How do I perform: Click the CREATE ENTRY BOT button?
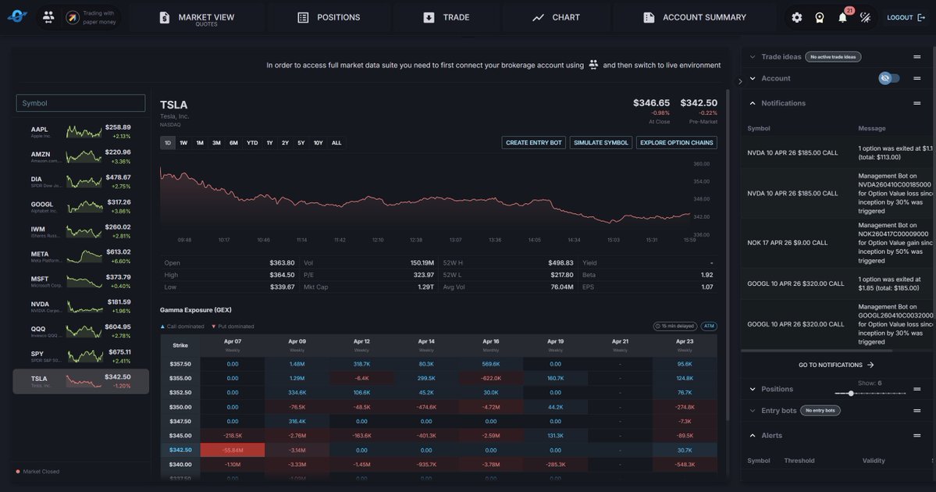point(534,143)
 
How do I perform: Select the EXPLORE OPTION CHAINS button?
point(677,143)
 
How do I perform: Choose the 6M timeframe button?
point(233,143)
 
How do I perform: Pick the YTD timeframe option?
point(252,143)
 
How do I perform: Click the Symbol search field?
point(80,103)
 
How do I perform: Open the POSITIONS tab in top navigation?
point(329,17)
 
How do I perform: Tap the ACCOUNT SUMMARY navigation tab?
point(695,17)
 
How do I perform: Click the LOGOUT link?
point(906,17)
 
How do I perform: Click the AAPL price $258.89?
point(118,127)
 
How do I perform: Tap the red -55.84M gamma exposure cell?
point(233,451)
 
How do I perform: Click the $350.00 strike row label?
point(180,407)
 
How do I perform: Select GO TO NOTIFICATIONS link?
point(836,365)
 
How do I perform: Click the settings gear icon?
point(796,17)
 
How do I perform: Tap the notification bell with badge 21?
point(842,17)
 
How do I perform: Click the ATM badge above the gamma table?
point(708,326)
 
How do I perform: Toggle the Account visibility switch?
point(889,78)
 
